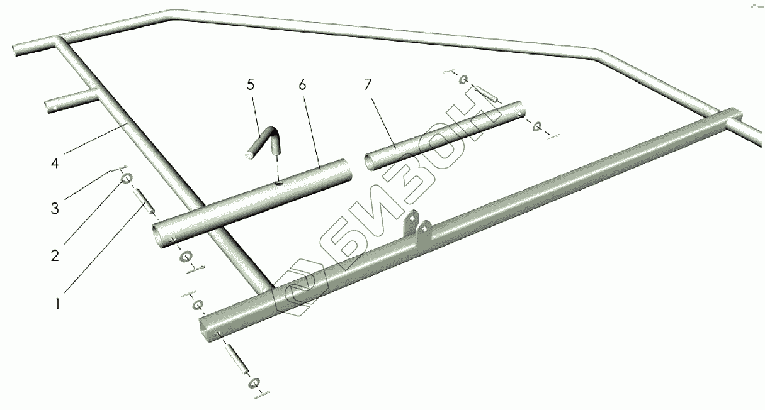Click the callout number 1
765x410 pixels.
point(57,304)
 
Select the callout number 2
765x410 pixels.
point(55,255)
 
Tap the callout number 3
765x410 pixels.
point(55,208)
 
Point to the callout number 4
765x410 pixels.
point(55,163)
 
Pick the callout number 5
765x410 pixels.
point(251,86)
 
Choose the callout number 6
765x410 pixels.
point(302,86)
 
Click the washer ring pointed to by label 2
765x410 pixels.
point(125,179)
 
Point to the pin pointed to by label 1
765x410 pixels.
point(144,203)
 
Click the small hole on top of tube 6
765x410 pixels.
point(277,185)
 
